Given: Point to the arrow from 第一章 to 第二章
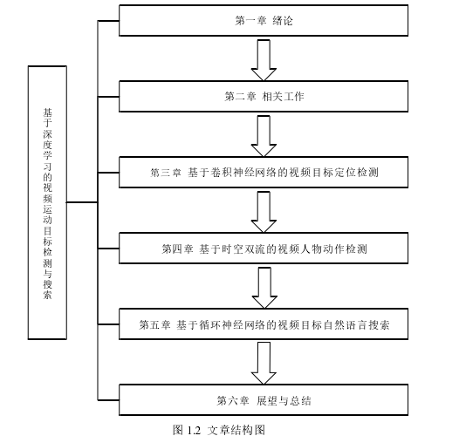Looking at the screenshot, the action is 264,60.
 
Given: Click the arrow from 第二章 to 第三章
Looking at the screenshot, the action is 264,136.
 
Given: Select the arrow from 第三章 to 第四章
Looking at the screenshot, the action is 264,212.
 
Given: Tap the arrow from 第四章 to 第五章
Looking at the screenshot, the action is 264,288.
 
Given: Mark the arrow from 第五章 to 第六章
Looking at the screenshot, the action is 264,364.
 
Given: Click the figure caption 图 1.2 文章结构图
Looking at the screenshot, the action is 219,430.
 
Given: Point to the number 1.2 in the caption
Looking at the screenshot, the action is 194,430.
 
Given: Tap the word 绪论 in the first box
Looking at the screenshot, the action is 283,21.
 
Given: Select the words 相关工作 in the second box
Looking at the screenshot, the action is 283,97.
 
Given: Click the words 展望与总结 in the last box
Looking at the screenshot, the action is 284,400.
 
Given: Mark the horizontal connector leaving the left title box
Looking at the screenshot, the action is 82,202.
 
